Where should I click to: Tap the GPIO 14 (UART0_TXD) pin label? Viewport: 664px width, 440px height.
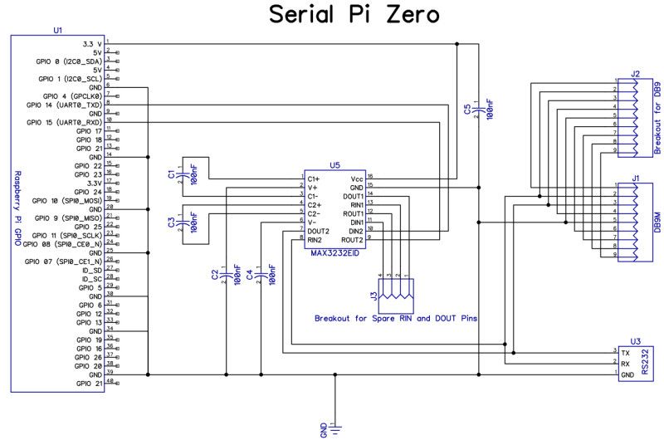pyautogui.click(x=64, y=105)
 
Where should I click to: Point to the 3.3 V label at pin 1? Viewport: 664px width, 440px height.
pyautogui.click(x=91, y=42)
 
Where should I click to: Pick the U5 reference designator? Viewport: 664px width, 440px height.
pyautogui.click(x=334, y=166)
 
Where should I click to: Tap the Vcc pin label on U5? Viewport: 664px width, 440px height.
pyautogui.click(x=356, y=178)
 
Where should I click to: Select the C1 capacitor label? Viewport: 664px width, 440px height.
pyautogui.click(x=171, y=175)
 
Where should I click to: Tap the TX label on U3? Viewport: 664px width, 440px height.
pyautogui.click(x=624, y=353)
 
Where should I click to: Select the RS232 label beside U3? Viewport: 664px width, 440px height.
pyautogui.click(x=655, y=363)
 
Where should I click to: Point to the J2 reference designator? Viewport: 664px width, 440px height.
pyautogui.click(x=635, y=75)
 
